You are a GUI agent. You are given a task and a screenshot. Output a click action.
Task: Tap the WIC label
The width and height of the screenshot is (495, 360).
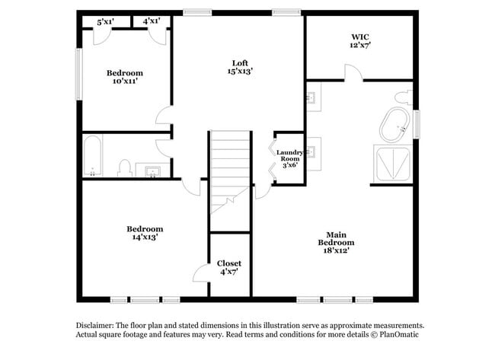tap(361, 40)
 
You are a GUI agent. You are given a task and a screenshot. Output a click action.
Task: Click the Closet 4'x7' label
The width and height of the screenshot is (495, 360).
tap(229, 267)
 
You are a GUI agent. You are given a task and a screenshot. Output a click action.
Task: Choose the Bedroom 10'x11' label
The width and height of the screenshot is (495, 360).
tap(125, 77)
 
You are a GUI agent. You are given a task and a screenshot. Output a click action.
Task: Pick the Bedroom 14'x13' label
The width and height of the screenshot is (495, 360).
tap(145, 233)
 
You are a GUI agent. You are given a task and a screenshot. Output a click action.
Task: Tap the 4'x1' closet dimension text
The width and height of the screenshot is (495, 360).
tap(152, 21)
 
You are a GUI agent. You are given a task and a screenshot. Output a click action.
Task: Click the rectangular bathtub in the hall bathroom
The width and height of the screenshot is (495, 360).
tap(93, 155)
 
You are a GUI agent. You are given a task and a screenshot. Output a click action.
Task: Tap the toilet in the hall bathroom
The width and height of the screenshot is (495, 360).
tap(125, 167)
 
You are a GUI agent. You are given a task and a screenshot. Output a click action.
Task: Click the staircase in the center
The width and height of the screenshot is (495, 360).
tap(230, 171)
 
